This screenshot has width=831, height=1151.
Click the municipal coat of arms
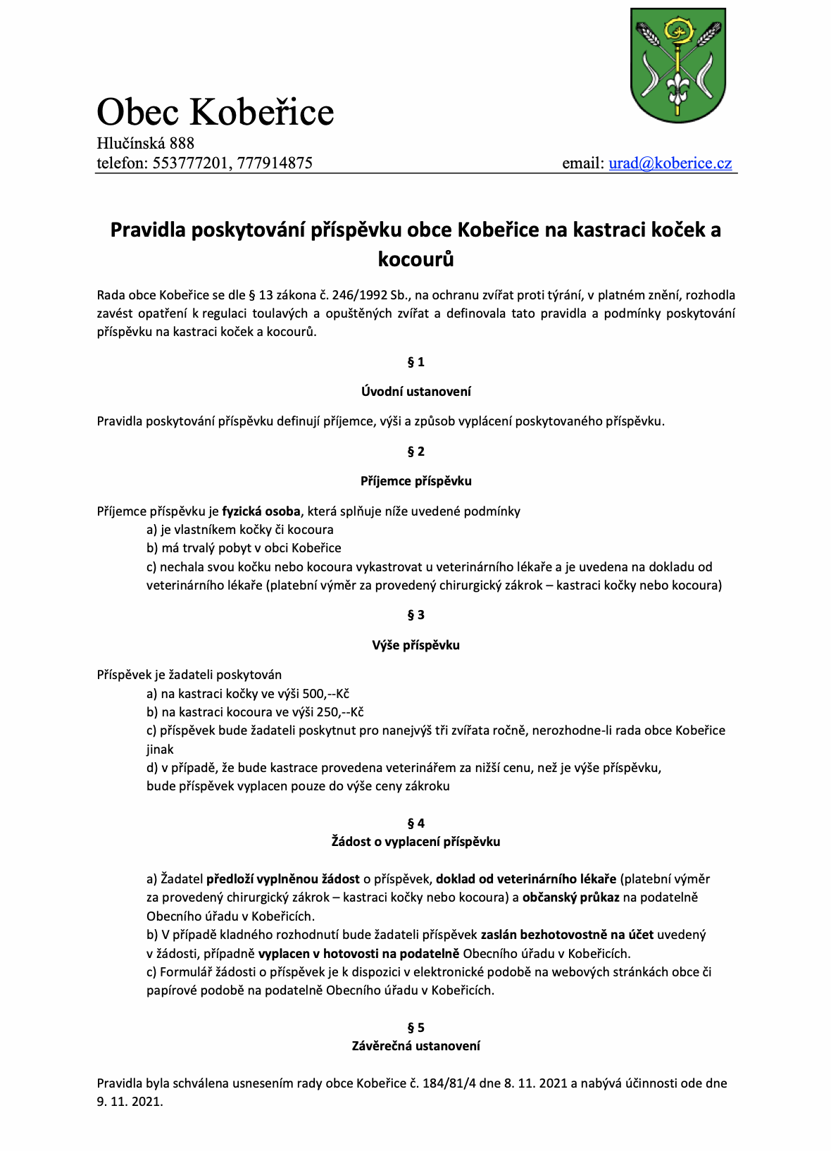coord(677,66)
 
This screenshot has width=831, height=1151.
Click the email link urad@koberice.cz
coord(670,163)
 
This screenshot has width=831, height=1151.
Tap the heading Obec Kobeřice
coord(215,112)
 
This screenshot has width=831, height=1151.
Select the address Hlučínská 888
coord(146,143)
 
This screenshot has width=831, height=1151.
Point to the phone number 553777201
coord(190,163)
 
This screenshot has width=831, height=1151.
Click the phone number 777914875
coord(275,163)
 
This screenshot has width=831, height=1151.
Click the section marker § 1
coord(416,362)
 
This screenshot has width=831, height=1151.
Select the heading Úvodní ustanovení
coord(416,392)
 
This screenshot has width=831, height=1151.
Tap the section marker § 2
coord(416,452)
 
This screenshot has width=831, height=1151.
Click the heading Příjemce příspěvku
coord(416,481)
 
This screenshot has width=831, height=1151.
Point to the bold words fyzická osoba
coord(261,511)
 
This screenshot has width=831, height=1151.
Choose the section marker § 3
coord(416,615)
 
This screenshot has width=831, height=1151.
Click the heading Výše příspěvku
coord(416,645)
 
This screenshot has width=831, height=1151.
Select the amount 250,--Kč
coord(340,712)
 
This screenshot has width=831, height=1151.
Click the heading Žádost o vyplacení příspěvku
coord(416,842)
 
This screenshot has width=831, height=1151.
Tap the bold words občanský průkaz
coord(570,897)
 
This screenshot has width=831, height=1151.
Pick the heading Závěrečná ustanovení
coord(416,1046)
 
